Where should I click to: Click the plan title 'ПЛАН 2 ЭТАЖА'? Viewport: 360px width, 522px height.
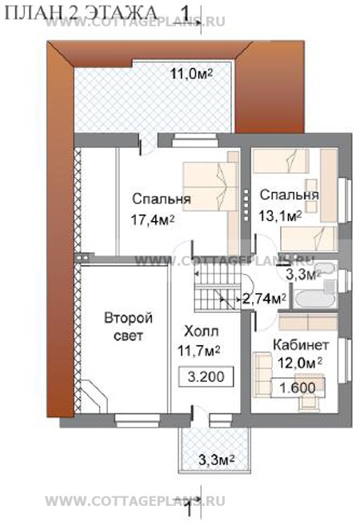pyautogui.click(x=82, y=14)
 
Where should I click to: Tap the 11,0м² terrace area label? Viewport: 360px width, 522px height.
pyautogui.click(x=192, y=73)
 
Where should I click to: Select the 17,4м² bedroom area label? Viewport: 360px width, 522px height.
pyautogui.click(x=153, y=220)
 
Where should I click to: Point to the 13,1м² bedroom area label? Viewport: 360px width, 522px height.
pyautogui.click(x=281, y=216)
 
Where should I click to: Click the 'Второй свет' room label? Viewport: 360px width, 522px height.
pyautogui.click(x=129, y=327)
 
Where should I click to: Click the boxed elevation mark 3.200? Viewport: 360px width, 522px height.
pyautogui.click(x=206, y=376)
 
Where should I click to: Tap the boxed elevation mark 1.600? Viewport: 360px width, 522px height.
pyautogui.click(x=298, y=387)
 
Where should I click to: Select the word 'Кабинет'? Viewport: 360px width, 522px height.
pyautogui.click(x=301, y=345)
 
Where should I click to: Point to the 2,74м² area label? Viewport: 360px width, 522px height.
pyautogui.click(x=264, y=299)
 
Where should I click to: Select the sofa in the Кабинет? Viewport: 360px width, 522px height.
pyautogui.click(x=262, y=374)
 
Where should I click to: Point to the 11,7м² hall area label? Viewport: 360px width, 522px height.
pyautogui.click(x=198, y=351)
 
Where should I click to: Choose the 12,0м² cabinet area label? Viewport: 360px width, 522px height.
pyautogui.click(x=298, y=363)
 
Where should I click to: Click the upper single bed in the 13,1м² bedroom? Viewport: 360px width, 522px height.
pyautogui.click(x=281, y=159)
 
